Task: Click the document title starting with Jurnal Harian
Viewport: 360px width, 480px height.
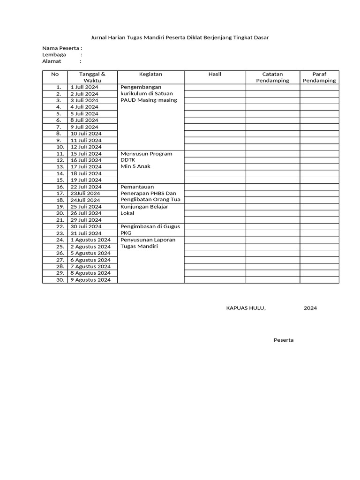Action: tap(180, 37)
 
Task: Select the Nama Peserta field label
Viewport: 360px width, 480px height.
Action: tap(61, 48)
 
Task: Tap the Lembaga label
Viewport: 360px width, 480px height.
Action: tap(54, 54)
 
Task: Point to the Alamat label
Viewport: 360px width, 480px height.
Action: tap(52, 61)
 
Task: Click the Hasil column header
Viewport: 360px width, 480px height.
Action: tap(215, 74)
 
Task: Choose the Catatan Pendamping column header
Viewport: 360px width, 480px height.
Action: tap(273, 77)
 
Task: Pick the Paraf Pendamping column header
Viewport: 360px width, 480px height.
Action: tap(319, 77)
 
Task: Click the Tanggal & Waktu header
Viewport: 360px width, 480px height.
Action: tap(92, 77)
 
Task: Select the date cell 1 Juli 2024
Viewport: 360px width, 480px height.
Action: tap(84, 87)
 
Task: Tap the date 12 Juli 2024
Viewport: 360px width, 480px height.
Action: tap(86, 147)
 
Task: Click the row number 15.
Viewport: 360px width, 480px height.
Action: tap(60, 180)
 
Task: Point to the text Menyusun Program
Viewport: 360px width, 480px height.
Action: tap(146, 154)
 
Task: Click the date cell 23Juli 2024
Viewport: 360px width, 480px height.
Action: tap(85, 193)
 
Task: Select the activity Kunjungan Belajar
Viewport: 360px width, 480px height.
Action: tap(144, 206)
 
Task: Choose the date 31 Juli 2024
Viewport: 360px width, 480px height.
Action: tap(86, 233)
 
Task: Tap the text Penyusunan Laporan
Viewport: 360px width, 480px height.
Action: tap(148, 240)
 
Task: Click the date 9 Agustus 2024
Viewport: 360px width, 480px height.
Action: tap(90, 280)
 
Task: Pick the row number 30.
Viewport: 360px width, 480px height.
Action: tap(60, 280)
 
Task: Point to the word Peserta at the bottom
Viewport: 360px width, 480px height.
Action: tap(284, 340)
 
